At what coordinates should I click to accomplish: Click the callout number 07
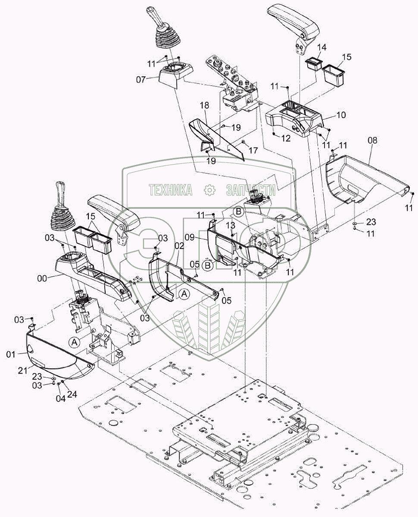[x=141, y=79]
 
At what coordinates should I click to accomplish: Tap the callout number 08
[x=373, y=140]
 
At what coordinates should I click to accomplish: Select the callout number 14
[x=322, y=47]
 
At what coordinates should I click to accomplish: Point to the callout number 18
[x=204, y=106]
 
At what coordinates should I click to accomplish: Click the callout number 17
[x=253, y=150]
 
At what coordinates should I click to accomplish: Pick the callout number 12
[x=286, y=138]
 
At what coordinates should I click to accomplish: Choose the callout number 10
[x=341, y=115]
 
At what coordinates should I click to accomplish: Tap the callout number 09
[x=190, y=237]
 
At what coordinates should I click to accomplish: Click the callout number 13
[x=231, y=225]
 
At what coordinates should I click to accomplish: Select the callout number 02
[x=179, y=246]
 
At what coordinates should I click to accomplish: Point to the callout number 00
[x=42, y=278]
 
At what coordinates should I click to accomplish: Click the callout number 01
[x=11, y=355]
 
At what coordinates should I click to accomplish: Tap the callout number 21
[x=23, y=371]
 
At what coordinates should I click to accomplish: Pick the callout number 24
[x=72, y=394]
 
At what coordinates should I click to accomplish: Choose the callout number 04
[x=61, y=399]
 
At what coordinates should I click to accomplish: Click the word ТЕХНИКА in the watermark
[x=170, y=190]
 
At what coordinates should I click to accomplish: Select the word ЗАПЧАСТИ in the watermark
[x=251, y=190]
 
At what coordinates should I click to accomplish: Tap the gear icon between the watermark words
[x=210, y=190]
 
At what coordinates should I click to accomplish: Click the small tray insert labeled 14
[x=313, y=64]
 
